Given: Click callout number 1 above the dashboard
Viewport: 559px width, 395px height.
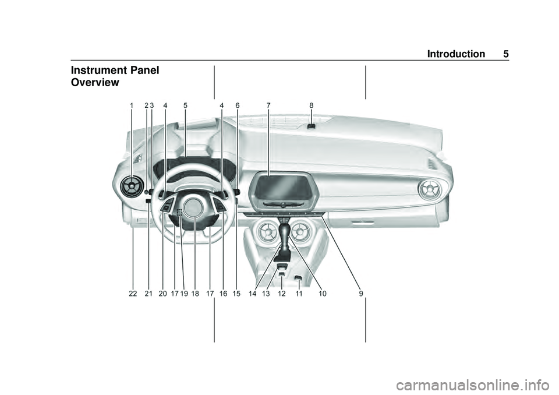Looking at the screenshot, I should click(132, 105).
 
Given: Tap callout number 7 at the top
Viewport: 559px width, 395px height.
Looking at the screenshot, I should click(268, 105).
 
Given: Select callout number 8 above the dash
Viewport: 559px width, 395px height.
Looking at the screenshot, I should click(312, 105).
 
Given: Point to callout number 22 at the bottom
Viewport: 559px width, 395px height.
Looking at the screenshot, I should click(133, 294).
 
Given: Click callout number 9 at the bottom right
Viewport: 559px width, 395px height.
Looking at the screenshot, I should click(361, 294).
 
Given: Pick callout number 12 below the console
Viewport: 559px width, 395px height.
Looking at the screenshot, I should click(282, 294).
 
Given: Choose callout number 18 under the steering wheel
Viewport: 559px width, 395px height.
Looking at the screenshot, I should click(195, 294).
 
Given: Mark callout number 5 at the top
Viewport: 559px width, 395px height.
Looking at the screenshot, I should click(185, 105).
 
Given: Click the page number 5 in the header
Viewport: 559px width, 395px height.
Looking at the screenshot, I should click(506, 54).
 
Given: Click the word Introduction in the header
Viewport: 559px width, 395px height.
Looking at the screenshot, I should click(455, 54).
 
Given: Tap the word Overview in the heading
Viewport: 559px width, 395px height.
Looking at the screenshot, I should click(94, 83).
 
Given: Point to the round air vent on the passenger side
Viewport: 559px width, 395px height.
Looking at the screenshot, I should click(431, 189).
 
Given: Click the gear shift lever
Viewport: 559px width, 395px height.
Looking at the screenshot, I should click(286, 239).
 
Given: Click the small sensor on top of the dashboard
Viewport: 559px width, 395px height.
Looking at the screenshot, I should click(312, 125).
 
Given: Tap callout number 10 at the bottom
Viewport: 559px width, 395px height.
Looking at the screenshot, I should click(323, 294).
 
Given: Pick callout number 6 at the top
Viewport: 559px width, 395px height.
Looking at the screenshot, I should click(238, 105).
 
